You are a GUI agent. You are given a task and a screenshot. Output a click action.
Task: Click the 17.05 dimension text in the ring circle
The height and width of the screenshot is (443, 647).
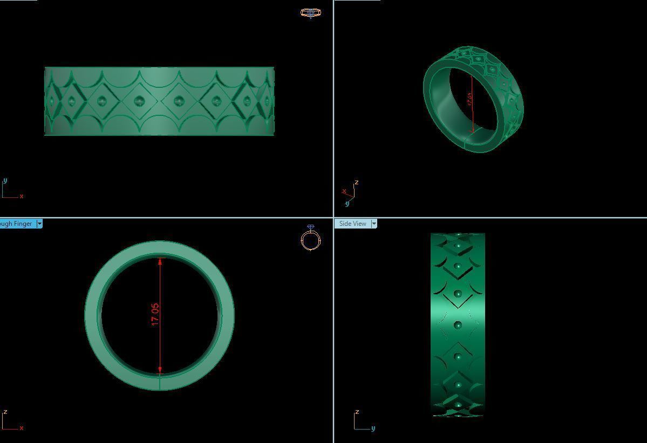click(155, 315)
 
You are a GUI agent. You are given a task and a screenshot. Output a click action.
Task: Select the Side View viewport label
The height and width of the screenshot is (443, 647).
click(352, 224)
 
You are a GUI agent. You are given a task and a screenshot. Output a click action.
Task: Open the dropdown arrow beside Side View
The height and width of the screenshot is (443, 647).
click(374, 224)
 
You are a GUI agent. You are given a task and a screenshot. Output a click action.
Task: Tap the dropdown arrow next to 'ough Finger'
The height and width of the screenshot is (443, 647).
click(39, 224)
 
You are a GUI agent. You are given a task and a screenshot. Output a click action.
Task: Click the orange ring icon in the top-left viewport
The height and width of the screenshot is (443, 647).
click(310, 12)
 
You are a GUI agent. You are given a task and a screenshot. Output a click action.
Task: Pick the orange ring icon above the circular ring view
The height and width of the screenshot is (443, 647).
click(311, 239)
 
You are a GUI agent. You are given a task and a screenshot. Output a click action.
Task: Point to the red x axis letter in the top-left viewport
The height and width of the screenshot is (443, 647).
click(22, 196)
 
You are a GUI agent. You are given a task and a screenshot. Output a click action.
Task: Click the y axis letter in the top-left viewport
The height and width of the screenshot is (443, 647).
click(5, 181)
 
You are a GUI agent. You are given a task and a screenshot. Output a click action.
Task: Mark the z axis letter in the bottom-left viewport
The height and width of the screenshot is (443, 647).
click(5, 412)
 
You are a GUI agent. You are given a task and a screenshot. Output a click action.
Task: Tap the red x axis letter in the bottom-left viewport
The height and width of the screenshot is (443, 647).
click(22, 428)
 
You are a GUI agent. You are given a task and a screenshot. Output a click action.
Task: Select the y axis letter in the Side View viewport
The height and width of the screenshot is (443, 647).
click(373, 428)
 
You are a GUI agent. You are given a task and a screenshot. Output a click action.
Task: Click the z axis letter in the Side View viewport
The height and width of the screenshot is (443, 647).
click(357, 412)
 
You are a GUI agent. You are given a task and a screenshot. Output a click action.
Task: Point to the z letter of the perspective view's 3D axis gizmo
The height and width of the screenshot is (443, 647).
click(357, 183)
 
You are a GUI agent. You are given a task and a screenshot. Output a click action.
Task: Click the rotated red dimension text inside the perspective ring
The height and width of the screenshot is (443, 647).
click(469, 99)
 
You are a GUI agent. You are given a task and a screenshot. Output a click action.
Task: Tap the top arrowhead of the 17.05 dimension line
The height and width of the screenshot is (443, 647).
click(160, 261)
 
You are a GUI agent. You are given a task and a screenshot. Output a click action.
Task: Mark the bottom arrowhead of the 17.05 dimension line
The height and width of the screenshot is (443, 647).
click(160, 370)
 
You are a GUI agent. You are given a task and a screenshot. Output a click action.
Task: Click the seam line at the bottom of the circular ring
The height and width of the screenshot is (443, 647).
click(160, 383)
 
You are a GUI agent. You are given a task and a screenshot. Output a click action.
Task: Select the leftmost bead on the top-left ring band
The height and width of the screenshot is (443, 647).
click(52, 101)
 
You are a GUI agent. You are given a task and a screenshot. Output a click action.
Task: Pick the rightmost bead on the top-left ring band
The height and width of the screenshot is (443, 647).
click(267, 101)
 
